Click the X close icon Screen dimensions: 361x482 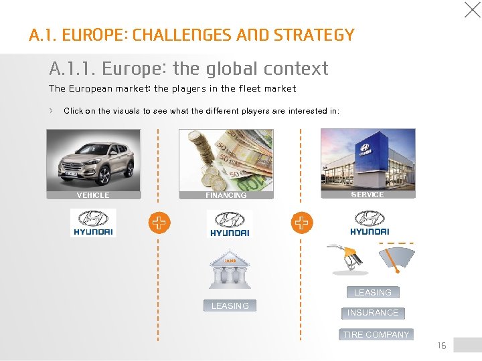coord(472,9)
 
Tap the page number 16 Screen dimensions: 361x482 coord(442,346)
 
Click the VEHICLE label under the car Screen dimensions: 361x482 coord(93,195)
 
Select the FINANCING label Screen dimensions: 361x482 coord(226,195)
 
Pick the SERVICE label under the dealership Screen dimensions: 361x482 coord(368,195)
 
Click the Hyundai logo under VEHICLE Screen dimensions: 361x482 coord(93,223)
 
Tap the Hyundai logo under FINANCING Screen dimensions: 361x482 coord(229,223)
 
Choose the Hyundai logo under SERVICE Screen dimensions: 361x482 coord(369,223)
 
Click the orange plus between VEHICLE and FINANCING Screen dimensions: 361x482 coord(159,223)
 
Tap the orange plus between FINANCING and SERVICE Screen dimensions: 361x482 coord(302,223)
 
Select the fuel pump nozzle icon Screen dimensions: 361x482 coord(348,259)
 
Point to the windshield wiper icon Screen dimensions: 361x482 coord(397,257)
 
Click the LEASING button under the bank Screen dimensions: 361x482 coord(230,306)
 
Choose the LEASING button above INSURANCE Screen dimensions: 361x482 coord(372,292)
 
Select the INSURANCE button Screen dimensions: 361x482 coord(373,312)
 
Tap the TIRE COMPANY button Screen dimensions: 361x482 coord(376,334)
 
